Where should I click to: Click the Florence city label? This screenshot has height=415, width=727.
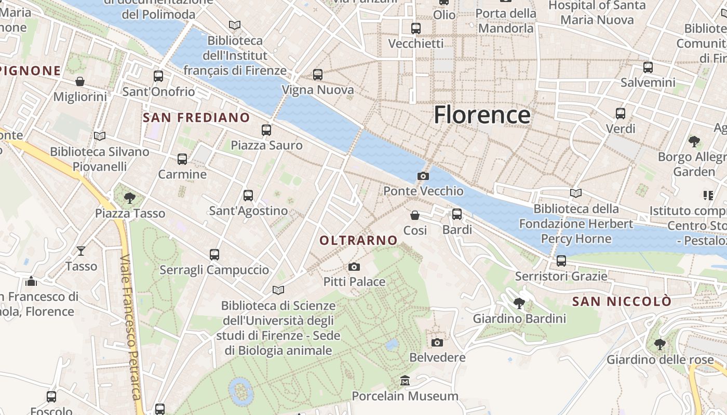tap(482, 115)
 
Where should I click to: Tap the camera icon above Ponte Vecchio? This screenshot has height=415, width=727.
tap(423, 176)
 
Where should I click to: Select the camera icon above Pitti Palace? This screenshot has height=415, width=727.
tap(354, 267)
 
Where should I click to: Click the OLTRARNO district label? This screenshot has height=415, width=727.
tap(358, 240)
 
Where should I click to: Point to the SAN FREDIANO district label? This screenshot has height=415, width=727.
tap(196, 118)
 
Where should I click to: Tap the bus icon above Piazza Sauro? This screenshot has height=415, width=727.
tap(266, 130)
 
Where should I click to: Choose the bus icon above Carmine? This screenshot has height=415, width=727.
tap(182, 159)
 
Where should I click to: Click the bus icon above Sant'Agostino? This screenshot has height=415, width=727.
tap(248, 195)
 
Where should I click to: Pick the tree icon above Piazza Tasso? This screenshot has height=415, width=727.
tap(130, 198)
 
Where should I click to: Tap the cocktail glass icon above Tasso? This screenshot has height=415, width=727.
tap(81, 251)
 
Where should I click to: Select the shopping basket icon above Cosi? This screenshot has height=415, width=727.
tap(415, 215)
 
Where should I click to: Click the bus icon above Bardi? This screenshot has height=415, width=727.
tap(457, 214)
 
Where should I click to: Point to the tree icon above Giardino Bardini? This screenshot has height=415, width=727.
tap(519, 303)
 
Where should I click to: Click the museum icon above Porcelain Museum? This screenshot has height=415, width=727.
tap(405, 381)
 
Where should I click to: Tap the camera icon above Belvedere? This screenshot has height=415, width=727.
tap(437, 342)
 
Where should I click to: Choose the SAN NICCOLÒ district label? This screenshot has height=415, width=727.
tap(622, 301)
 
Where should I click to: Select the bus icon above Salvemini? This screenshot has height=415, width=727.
tap(648, 67)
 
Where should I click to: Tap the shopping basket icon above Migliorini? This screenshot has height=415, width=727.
tap(80, 81)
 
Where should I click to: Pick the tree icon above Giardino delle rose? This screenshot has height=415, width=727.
tap(659, 344)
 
